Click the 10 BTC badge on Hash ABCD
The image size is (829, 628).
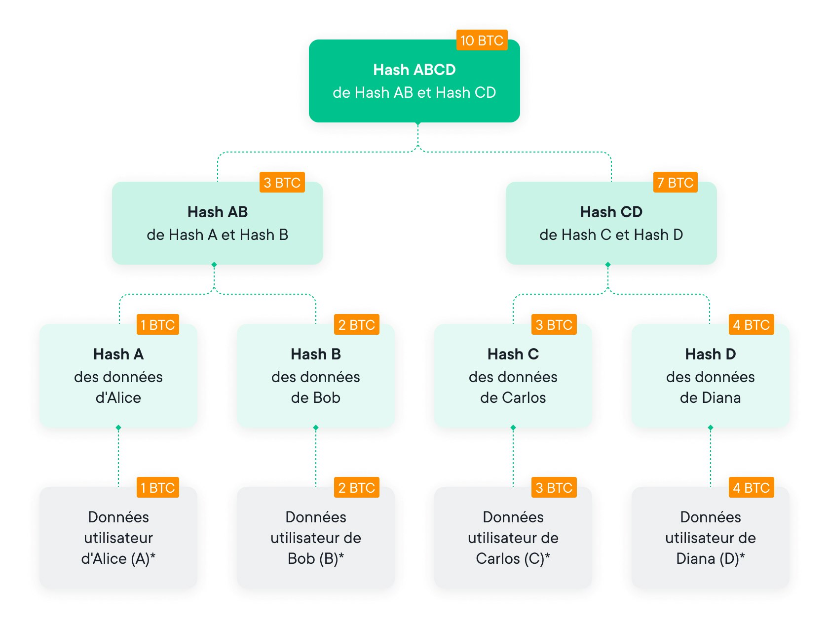point(482,40)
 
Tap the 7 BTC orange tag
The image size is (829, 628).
point(675,183)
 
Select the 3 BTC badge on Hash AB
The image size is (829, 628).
point(282,183)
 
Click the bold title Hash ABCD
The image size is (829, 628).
point(414,70)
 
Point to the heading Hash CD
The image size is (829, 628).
point(611,212)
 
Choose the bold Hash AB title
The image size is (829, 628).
point(217,212)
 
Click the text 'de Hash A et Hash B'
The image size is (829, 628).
point(217,235)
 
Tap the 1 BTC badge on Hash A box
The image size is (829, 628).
point(157,325)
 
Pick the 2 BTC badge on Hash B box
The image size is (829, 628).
point(356,325)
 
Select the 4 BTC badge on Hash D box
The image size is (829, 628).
point(751,325)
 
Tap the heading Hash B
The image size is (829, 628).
point(316,354)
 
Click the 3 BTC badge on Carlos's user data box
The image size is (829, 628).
point(554,488)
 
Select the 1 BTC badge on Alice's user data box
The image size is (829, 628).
point(157,488)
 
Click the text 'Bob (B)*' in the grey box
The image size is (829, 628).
point(316,558)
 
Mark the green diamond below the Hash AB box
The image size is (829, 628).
point(214,265)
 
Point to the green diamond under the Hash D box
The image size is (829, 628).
point(711,428)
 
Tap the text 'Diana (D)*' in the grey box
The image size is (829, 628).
point(711,558)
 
